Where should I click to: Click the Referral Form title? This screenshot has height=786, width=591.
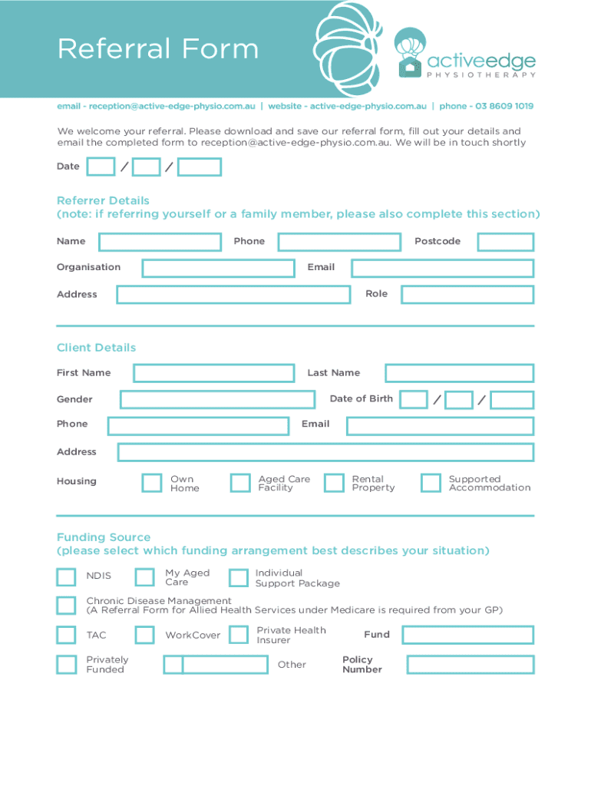point(157,50)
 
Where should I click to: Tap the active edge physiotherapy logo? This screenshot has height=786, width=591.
point(464,55)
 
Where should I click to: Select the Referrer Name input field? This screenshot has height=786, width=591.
point(160,242)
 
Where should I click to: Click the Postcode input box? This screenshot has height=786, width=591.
point(505,242)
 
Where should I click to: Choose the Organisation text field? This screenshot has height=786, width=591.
point(218,268)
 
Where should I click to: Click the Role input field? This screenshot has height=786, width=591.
point(467,295)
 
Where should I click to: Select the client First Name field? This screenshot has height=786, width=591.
point(213,374)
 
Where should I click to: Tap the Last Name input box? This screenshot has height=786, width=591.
point(459,374)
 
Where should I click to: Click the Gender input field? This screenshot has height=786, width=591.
point(217,400)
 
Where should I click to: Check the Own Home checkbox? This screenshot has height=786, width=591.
point(152,483)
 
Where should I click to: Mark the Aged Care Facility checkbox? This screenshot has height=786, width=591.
point(240,483)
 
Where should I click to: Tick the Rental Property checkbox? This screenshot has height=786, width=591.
point(334,483)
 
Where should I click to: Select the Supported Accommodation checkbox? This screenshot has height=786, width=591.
point(431,483)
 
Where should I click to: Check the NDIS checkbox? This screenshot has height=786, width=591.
point(67,576)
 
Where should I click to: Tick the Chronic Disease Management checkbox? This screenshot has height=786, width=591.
point(67,605)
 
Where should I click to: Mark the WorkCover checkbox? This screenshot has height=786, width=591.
point(144,635)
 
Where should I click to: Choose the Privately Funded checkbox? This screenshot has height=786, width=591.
point(67,665)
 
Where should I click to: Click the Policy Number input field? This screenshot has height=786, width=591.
point(470,665)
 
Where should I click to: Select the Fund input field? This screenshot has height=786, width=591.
point(467,635)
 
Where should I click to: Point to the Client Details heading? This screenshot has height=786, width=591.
point(96,348)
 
